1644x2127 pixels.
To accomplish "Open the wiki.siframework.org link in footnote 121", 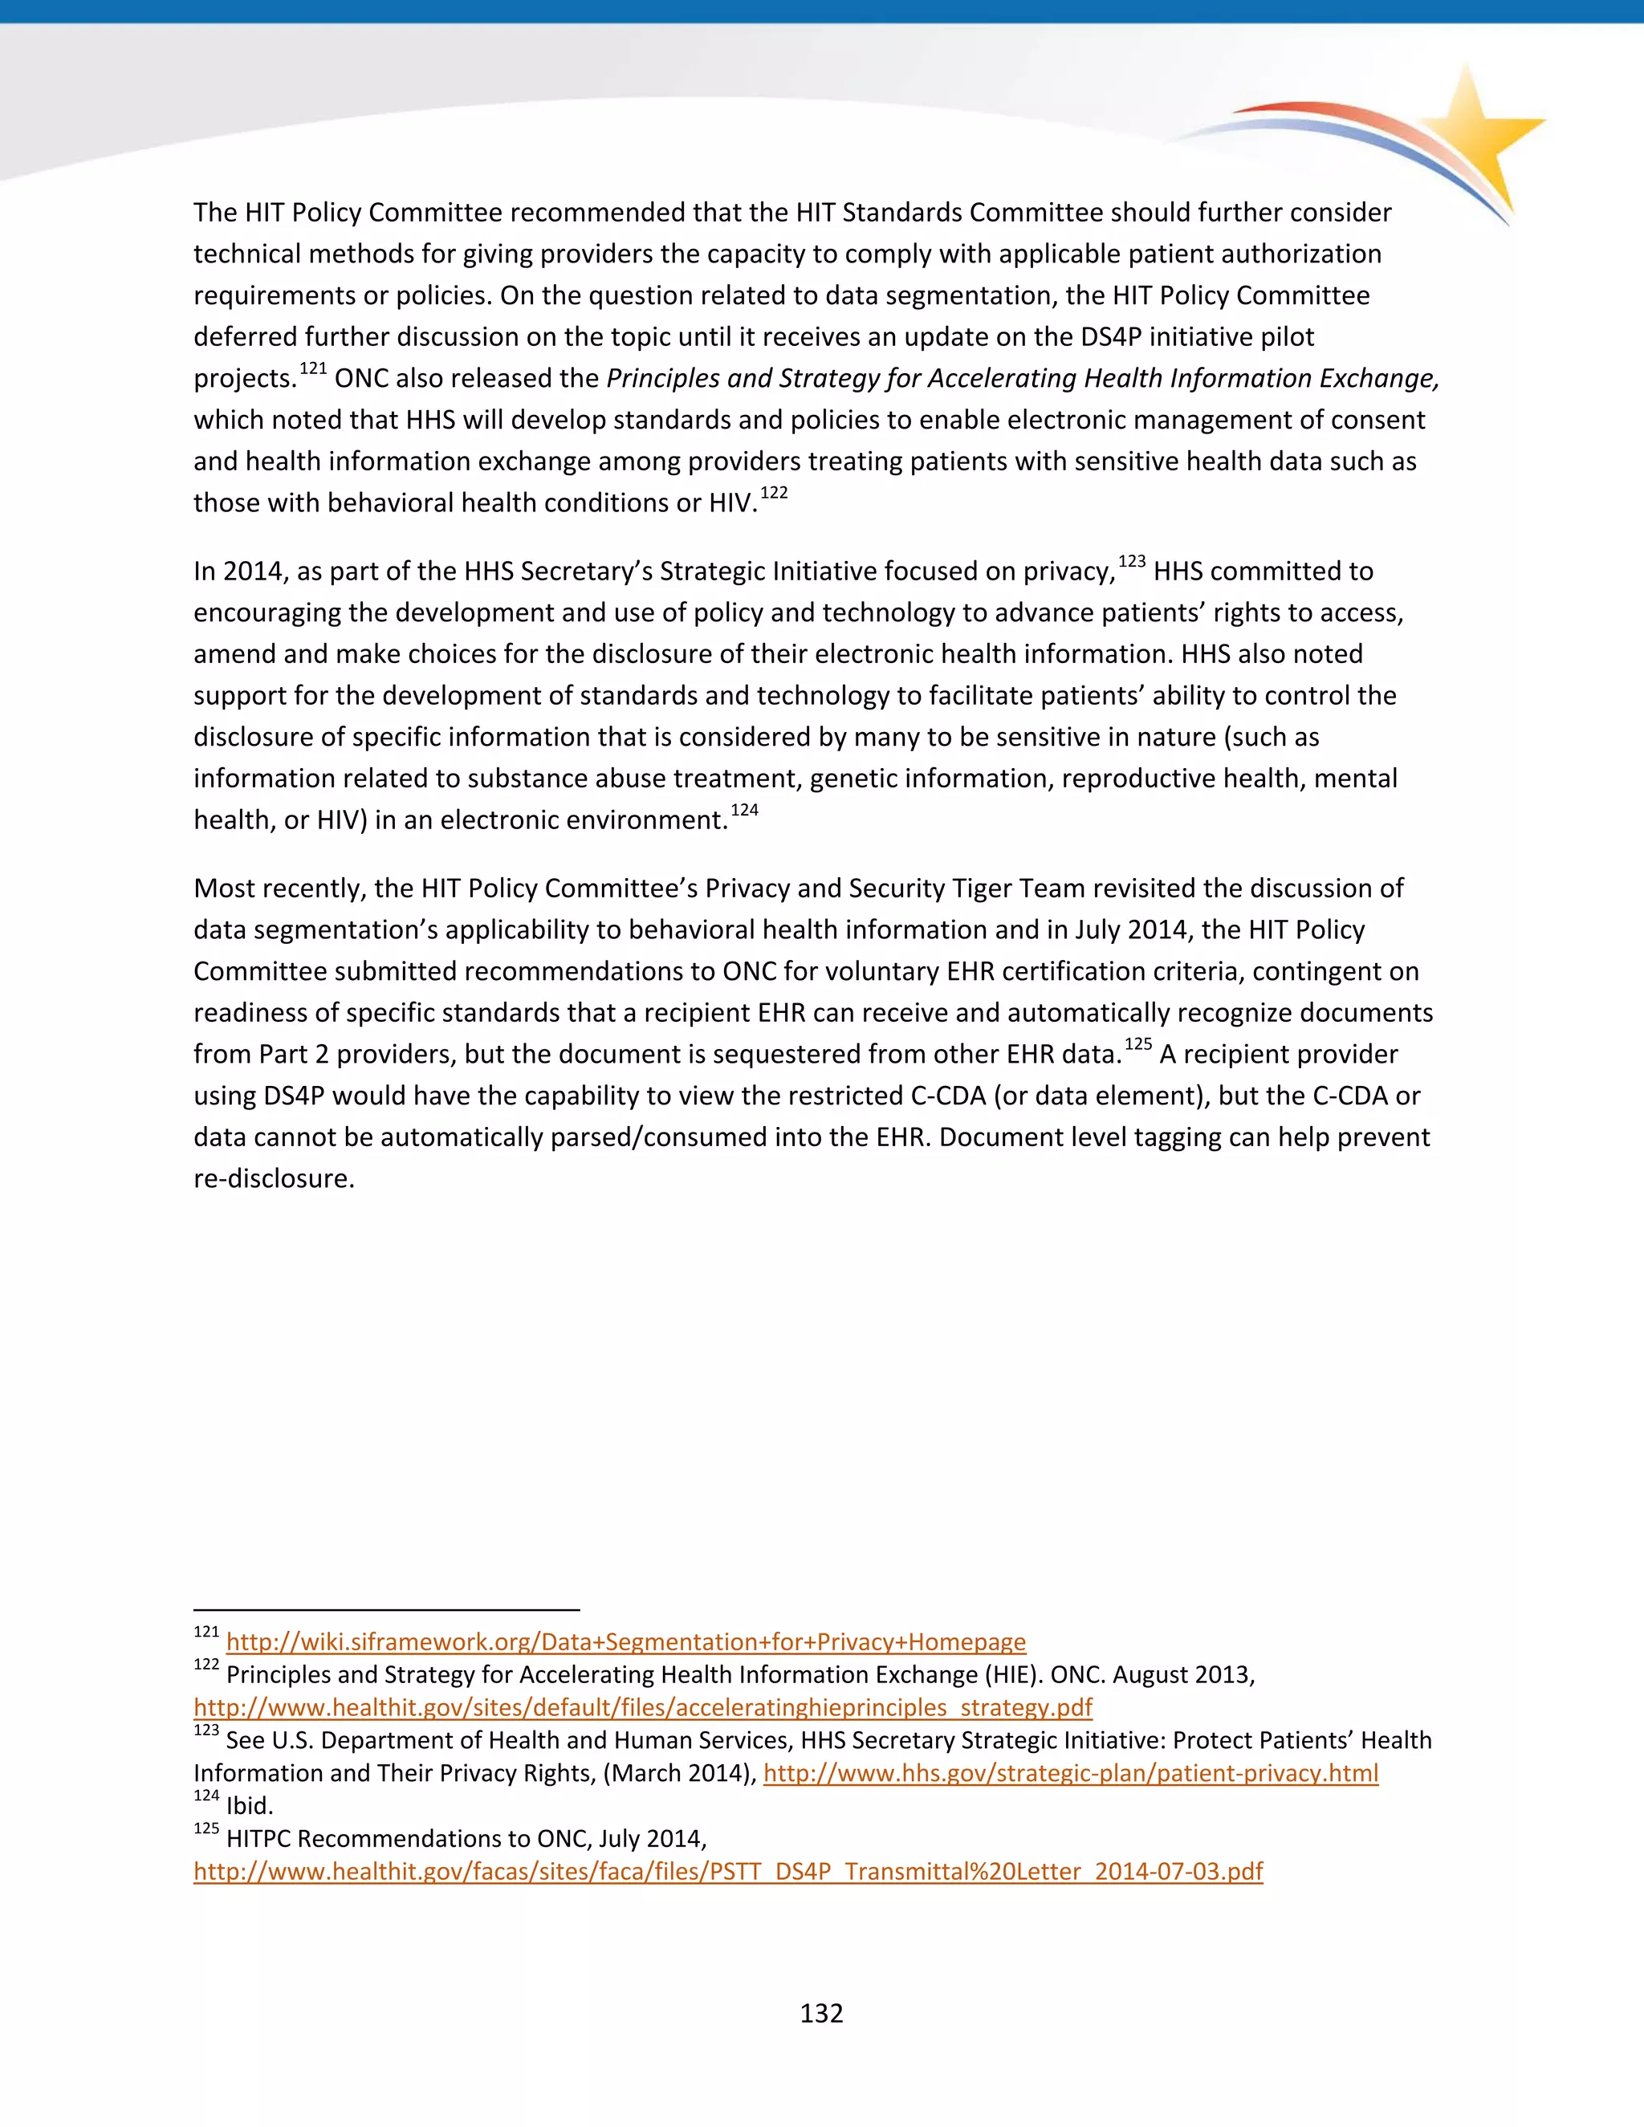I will (625, 1642).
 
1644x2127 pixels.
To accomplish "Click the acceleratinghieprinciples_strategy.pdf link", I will (643, 1707).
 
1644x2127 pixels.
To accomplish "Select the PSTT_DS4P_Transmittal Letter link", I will (727, 1871).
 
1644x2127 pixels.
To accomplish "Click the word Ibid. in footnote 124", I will (250, 1806).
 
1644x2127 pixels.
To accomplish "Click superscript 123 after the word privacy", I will (1132, 562).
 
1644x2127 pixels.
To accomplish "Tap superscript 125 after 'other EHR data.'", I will (1137, 1044).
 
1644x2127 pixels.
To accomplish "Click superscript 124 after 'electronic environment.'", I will (744, 811).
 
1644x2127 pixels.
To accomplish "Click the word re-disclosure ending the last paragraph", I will (274, 1178).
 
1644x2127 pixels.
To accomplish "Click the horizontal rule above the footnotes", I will (387, 1610).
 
